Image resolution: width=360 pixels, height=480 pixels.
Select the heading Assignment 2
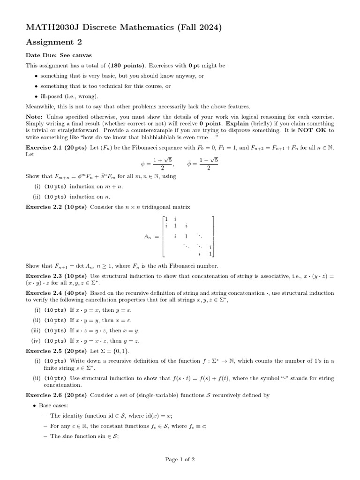point(54,43)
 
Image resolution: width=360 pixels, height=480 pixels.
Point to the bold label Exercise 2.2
point(45,207)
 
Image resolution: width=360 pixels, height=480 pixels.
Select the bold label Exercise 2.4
point(45,293)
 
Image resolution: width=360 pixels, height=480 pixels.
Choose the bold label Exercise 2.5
point(45,351)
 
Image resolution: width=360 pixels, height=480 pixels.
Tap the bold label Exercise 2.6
point(45,395)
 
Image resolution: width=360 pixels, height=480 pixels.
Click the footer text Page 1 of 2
point(180,460)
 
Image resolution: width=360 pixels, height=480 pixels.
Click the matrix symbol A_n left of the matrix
point(148,237)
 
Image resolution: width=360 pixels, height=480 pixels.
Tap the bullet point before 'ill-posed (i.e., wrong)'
point(37,97)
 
